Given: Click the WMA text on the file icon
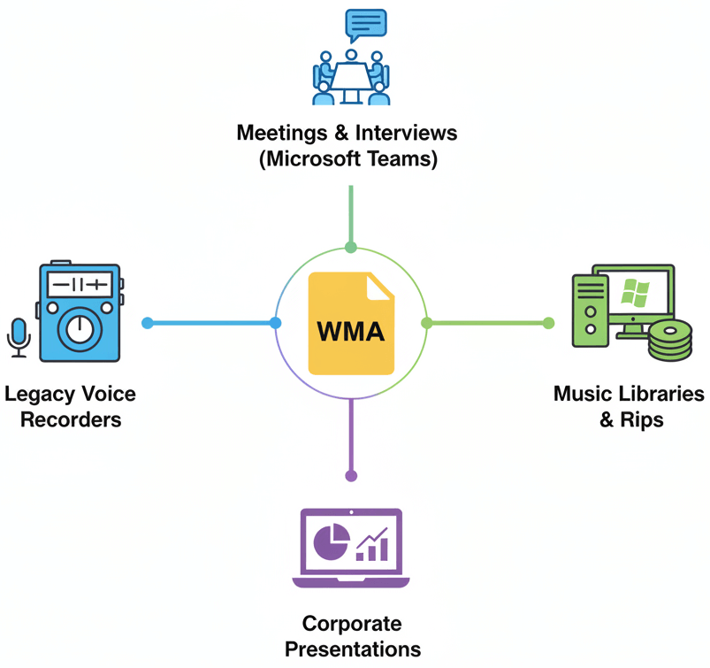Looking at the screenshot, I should [x=351, y=333].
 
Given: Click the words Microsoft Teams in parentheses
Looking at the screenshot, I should [x=351, y=161].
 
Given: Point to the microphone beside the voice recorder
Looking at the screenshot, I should [x=19, y=337].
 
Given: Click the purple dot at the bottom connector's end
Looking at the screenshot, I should [x=351, y=476].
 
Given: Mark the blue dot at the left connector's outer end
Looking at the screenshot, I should [x=148, y=324].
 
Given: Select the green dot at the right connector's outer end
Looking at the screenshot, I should [x=549, y=324].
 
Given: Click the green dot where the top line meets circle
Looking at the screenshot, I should [x=351, y=248].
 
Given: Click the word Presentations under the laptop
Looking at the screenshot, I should [x=352, y=649].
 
